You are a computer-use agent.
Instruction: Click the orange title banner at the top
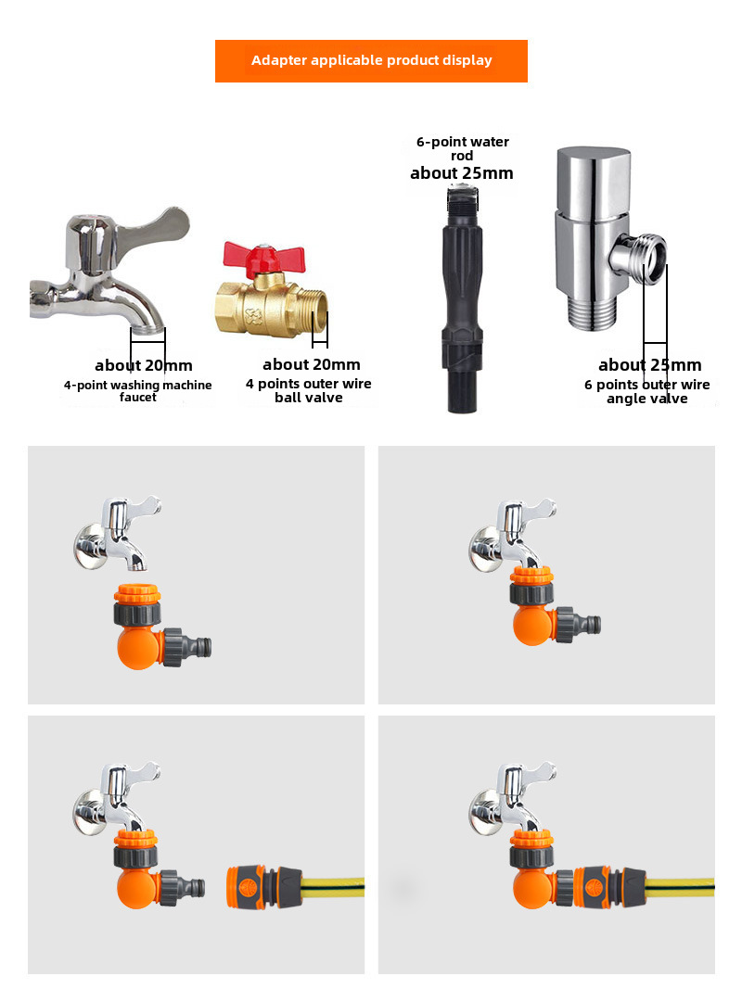tap(371, 61)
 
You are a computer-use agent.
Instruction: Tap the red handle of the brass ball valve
tap(264, 258)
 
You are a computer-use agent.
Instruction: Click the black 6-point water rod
tap(463, 299)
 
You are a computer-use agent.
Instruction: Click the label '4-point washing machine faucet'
tap(137, 391)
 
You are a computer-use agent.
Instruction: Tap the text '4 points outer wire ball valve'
tap(309, 390)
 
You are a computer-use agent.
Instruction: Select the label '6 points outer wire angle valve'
tap(646, 392)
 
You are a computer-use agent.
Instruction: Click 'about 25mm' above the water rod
tap(462, 173)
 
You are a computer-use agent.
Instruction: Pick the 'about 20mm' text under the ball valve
tap(312, 364)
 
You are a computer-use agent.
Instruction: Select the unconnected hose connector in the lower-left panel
tap(264, 887)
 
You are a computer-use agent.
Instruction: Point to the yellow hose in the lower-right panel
tap(680, 887)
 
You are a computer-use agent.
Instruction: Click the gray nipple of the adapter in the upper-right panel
tap(587, 625)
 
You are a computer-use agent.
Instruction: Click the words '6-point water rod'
tap(463, 149)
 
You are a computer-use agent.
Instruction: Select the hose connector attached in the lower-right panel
tap(609, 887)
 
